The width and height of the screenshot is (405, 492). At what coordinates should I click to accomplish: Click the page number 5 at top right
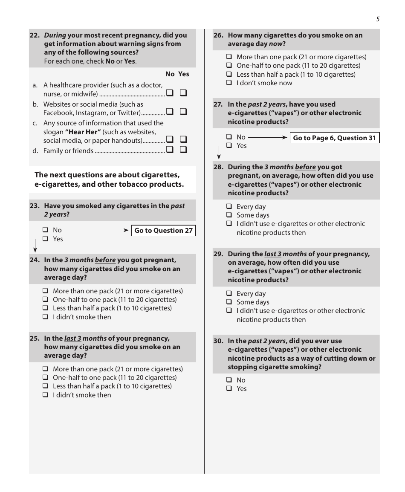(x=378, y=19)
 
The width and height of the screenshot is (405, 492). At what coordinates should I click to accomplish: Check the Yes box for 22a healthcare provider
(x=184, y=93)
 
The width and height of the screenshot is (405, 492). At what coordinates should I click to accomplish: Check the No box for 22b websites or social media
(x=170, y=112)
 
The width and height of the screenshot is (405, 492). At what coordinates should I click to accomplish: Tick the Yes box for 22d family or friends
(x=184, y=150)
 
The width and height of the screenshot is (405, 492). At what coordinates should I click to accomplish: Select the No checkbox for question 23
(x=45, y=230)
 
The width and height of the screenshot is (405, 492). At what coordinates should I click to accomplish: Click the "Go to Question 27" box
(x=163, y=231)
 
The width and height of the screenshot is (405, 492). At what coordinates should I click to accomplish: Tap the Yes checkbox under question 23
(x=45, y=239)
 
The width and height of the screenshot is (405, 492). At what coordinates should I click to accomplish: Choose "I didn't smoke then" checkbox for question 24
(x=45, y=317)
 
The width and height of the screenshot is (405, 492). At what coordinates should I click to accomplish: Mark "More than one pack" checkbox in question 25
(x=45, y=369)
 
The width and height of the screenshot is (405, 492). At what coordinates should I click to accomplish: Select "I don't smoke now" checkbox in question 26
(x=229, y=83)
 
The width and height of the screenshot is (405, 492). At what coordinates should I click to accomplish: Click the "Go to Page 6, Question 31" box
(x=334, y=138)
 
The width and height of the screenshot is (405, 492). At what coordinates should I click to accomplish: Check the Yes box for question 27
(x=229, y=146)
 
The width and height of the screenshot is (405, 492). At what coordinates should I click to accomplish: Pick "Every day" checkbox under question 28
(x=229, y=207)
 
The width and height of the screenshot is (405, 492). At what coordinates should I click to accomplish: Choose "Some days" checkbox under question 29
(x=229, y=302)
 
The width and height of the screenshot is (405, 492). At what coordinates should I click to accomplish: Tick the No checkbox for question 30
(x=229, y=380)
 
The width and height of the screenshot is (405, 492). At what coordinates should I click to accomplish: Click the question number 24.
(x=35, y=260)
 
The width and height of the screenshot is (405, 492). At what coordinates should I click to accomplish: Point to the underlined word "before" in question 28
(x=305, y=167)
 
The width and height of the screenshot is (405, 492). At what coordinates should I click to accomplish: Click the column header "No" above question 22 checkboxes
(x=170, y=74)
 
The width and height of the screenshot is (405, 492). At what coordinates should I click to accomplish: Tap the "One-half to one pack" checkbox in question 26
(x=229, y=66)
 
